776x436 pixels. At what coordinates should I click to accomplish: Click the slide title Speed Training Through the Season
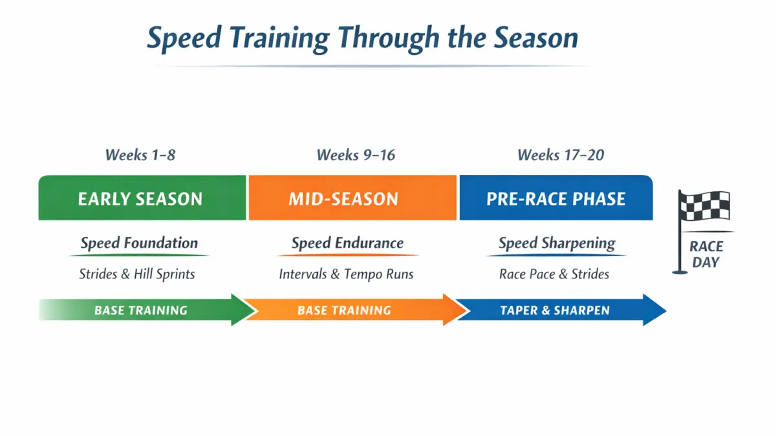(362, 38)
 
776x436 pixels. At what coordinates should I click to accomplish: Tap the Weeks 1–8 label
(140, 155)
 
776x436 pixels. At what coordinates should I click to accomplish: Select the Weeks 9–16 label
(356, 155)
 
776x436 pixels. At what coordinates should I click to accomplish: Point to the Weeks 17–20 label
(561, 155)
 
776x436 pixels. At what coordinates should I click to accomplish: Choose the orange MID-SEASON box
(352, 198)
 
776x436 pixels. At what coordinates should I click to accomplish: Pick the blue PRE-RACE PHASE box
(555, 198)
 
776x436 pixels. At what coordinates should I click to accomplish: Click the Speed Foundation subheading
(139, 244)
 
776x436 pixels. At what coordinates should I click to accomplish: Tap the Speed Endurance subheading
(347, 244)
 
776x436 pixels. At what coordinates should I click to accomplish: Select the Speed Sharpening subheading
(557, 244)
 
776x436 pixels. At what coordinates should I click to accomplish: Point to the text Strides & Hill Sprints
(137, 274)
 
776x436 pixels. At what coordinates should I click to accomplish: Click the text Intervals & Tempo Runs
(346, 274)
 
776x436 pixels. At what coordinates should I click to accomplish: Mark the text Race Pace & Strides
(554, 274)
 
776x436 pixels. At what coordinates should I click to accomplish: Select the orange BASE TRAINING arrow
(349, 310)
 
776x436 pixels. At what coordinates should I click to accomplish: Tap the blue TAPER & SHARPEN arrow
(556, 310)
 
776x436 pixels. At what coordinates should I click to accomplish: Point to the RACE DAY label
(706, 254)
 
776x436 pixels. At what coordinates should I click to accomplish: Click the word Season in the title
(536, 38)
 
